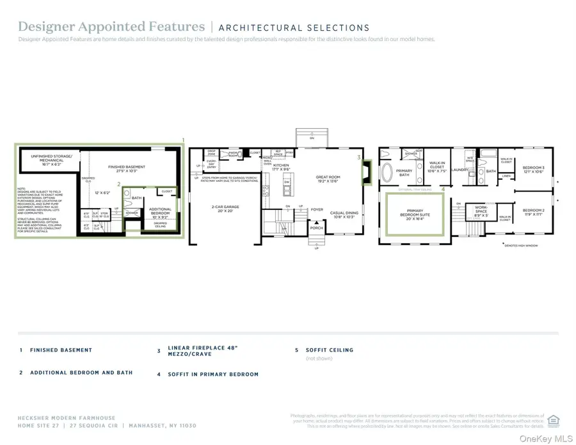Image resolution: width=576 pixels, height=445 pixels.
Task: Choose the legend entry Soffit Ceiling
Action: coord(330,350)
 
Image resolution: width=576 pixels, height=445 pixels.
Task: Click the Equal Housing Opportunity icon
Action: coord(554,420)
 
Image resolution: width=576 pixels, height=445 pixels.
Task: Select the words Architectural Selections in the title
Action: coord(294,28)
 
